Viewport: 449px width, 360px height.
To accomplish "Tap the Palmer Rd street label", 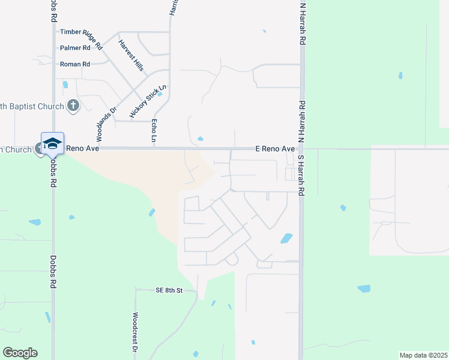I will pyautogui.click(x=75, y=47).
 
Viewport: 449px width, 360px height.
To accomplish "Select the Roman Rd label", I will pyautogui.click(x=75, y=64).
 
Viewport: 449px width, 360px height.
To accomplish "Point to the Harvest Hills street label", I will pyautogui.click(x=131, y=55).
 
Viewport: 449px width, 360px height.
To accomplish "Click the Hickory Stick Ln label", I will pyautogui.click(x=147, y=101).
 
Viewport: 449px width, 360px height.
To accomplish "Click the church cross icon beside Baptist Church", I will pyautogui.click(x=73, y=106).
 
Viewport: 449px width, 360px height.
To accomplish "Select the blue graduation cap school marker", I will pyautogui.click(x=52, y=143).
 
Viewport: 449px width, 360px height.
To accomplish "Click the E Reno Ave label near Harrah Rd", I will pyautogui.click(x=276, y=148).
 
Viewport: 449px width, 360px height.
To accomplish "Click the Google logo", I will pyautogui.click(x=20, y=353).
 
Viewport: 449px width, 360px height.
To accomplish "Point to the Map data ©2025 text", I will pyautogui.click(x=423, y=355).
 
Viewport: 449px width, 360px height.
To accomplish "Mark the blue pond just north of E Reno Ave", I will pyautogui.click(x=200, y=139).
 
